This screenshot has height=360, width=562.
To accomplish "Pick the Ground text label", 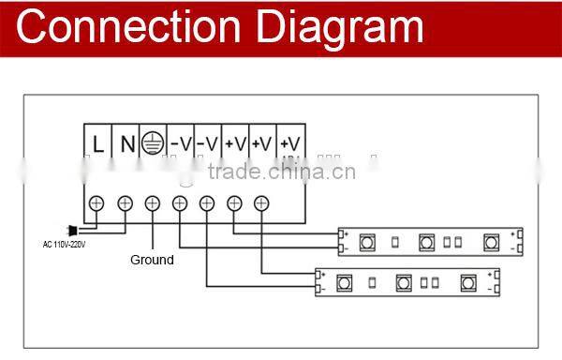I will click(x=151, y=260).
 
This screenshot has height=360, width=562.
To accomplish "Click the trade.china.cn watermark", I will click(x=281, y=172).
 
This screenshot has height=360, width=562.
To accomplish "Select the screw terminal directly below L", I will click(x=96, y=202).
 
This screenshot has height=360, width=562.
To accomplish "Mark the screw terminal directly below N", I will click(x=125, y=202).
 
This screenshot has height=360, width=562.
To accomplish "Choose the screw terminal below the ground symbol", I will click(x=153, y=202).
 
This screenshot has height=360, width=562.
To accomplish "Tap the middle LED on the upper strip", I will click(x=427, y=241).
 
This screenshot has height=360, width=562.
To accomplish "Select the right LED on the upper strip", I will click(x=490, y=241).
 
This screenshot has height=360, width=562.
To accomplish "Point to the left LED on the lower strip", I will click(x=344, y=281).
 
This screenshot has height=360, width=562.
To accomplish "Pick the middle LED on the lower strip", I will click(x=404, y=281).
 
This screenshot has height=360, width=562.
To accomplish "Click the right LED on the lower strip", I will click(x=466, y=281).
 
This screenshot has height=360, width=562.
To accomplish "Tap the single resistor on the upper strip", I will click(x=396, y=242).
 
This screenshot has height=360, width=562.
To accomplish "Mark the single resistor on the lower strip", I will click(x=373, y=281).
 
